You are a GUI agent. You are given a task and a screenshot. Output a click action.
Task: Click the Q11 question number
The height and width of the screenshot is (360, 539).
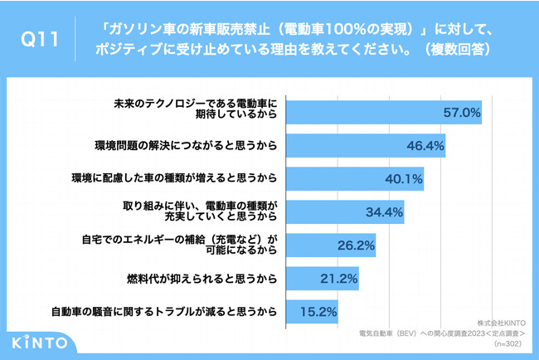coord(40,39)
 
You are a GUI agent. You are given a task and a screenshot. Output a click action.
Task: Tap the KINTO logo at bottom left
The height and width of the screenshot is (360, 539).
coord(40,343)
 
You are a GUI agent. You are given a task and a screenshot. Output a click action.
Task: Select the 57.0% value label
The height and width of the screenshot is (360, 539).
coord(462,113)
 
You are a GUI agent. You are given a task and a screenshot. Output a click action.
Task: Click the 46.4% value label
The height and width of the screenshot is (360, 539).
coord(425,146)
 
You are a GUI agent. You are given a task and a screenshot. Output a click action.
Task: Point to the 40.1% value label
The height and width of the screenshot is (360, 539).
coord(404,179)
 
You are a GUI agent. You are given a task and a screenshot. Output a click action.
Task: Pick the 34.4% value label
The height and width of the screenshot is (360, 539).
coord(384,212)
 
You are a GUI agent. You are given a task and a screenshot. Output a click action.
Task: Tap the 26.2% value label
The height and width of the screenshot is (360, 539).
coord(356,246)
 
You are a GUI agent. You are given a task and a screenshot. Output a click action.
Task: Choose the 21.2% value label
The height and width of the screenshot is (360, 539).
coord(339,279)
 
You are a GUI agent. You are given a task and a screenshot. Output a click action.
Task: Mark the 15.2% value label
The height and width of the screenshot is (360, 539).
coord(318,312)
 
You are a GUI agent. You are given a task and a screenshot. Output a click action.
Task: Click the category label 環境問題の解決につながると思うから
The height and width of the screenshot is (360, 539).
coord(186,145)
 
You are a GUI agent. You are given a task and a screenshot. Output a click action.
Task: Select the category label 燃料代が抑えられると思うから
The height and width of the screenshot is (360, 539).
coord(202,279)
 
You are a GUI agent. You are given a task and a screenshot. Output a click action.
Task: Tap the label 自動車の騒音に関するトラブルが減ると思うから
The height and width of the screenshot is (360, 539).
coord(164,312)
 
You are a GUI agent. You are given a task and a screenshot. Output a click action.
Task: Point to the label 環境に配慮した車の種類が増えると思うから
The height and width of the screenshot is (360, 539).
coord(174,178)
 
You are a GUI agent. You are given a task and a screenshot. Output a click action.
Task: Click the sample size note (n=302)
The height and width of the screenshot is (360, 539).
coord(507,344)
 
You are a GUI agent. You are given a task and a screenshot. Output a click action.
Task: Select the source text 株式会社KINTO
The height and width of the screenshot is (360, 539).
coord(501,324)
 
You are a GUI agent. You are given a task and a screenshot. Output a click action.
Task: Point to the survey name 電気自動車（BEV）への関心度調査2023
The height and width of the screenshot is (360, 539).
coord(422,333)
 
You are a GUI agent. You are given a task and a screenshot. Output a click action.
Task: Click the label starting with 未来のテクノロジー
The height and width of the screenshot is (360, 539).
coord(195,109)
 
